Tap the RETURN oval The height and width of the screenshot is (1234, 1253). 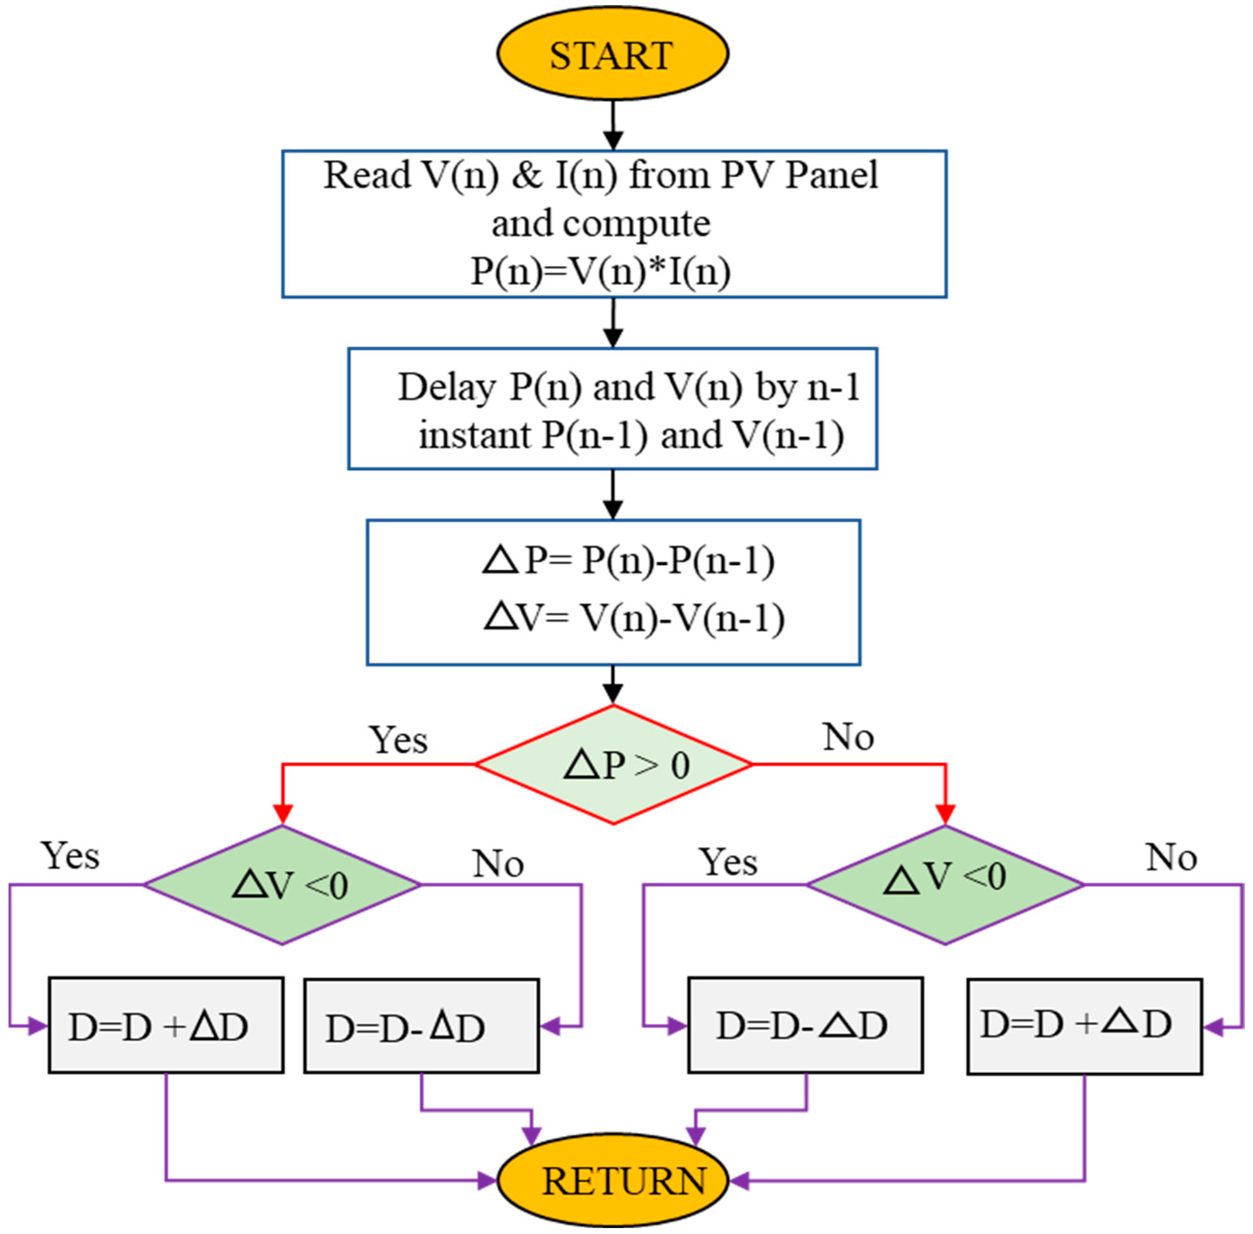click(x=613, y=1180)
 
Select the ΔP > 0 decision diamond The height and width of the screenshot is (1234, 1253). click(x=613, y=765)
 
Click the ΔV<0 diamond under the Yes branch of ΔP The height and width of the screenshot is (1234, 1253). click(x=282, y=885)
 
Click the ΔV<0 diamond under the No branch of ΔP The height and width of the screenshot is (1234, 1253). click(x=945, y=885)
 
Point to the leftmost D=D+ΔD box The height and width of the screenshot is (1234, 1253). click(x=166, y=1026)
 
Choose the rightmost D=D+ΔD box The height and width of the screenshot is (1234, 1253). click(x=1084, y=1026)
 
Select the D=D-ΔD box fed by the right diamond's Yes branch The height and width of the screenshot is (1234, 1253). click(x=805, y=1026)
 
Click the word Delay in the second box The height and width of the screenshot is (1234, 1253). click(x=446, y=387)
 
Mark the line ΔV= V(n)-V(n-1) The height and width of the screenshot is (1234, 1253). click(x=634, y=617)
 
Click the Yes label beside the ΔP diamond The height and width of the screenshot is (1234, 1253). click(x=398, y=740)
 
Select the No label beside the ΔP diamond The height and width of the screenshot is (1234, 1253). click(x=848, y=737)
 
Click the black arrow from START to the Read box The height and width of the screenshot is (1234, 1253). click(x=613, y=126)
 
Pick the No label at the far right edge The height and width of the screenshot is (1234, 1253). click(x=1171, y=857)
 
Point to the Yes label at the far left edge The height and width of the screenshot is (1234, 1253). click(x=70, y=856)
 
